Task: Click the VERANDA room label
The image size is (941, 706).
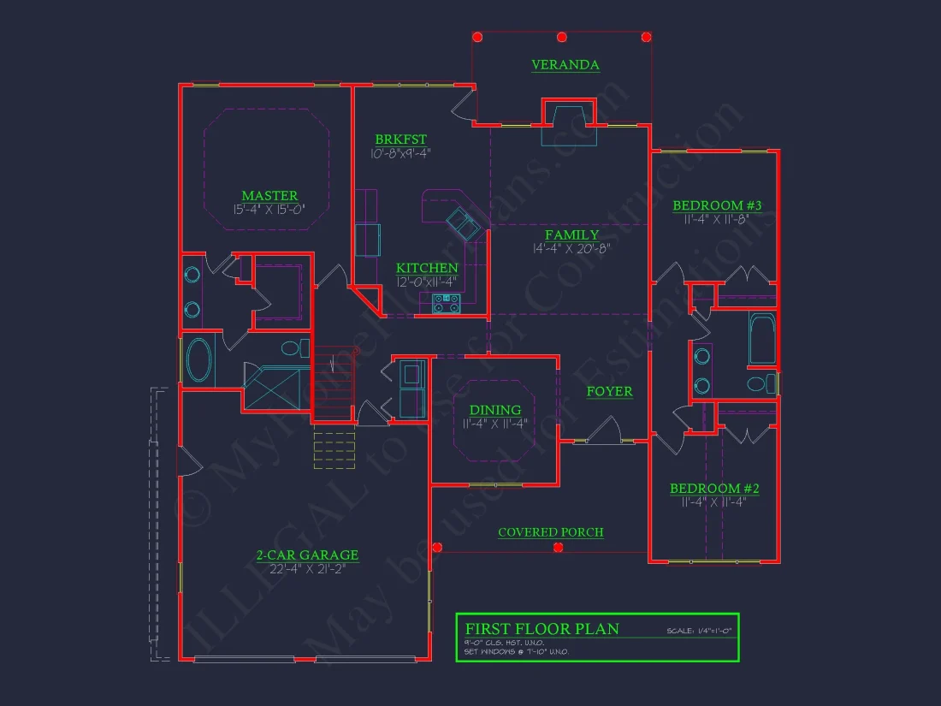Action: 565,65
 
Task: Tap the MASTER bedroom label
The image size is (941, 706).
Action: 269,196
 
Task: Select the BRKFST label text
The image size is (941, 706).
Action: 400,139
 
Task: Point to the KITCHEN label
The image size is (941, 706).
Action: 427,269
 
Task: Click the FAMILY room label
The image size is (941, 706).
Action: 572,234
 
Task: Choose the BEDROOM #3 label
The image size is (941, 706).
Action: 717,205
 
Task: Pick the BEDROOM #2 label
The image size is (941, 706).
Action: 714,489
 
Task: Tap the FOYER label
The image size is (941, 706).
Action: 609,391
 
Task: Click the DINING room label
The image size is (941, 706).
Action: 495,410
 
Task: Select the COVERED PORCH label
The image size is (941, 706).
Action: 551,532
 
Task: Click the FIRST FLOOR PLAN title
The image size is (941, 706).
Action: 542,629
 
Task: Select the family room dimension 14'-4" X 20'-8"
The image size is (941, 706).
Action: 572,249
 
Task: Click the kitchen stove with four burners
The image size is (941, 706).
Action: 446,302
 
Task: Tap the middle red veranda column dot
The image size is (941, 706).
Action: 562,37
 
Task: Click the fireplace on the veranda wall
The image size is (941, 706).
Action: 567,116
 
